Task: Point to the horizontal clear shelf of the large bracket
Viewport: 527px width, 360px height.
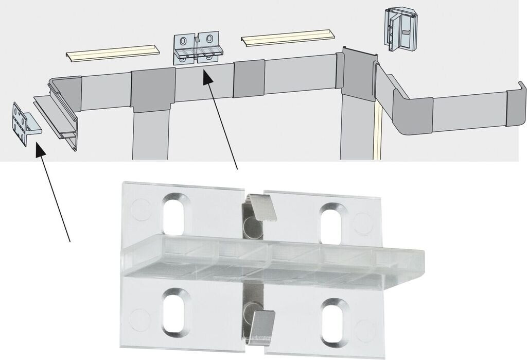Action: click(x=273, y=258)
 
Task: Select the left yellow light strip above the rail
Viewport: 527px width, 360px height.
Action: click(x=111, y=53)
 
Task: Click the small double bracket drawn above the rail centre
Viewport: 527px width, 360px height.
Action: click(x=199, y=49)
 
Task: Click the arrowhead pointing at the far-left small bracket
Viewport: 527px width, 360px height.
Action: click(x=38, y=149)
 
